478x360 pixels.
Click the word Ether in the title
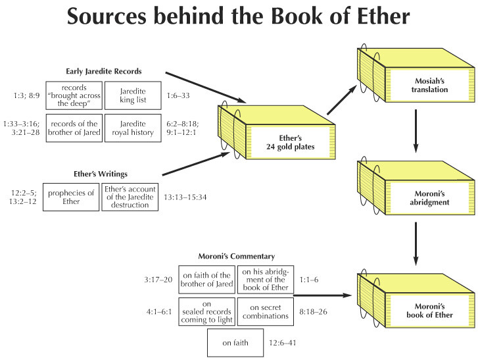pos(383,16)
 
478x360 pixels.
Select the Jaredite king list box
pos(133,95)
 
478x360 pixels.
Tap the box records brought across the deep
pos(74,95)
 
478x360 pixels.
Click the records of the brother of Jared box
pos(74,128)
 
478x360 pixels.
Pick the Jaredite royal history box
pos(133,128)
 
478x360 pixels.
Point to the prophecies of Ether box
pos(71,197)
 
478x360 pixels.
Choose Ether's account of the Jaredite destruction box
pos(130,197)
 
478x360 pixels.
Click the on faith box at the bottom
pos(235,343)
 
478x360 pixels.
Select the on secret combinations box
pos(266,312)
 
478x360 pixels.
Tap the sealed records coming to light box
pos(206,312)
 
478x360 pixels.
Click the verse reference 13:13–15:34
pos(185,197)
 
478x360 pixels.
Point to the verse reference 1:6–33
pos(178,96)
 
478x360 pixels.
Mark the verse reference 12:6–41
pos(282,343)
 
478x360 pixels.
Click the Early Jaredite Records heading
pos(104,71)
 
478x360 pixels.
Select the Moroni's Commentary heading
pos(237,256)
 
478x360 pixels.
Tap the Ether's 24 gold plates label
pos(290,142)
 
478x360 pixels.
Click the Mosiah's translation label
pos(429,86)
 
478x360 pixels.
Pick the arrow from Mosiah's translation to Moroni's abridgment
pos(416,131)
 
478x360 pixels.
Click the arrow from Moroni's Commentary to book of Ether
pos(323,296)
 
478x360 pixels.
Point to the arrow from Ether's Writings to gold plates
pos(196,164)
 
